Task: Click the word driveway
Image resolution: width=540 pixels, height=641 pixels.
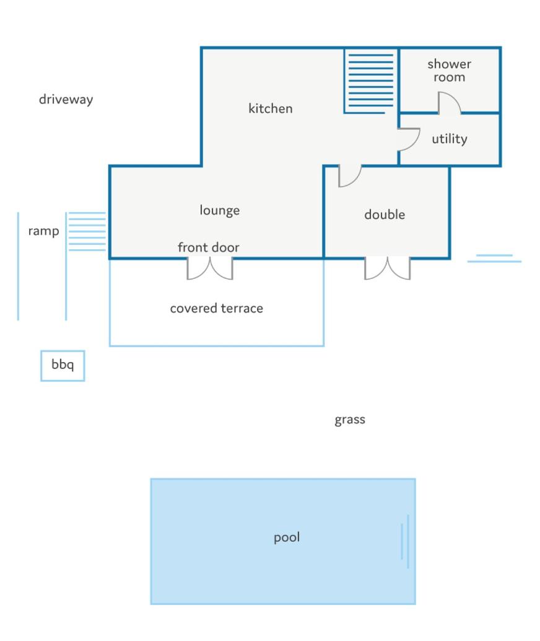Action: pos(66,99)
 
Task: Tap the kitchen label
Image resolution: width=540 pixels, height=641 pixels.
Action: pos(271,108)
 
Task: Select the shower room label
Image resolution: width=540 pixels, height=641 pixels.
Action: pos(450,70)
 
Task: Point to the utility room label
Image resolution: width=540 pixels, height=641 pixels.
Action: pos(450,139)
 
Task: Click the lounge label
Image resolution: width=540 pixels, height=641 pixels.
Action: pos(220,211)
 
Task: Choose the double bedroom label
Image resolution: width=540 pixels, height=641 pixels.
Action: pos(385,214)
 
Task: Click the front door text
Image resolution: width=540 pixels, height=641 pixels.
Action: pos(208,247)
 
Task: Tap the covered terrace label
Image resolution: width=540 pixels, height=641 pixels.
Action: pos(217,308)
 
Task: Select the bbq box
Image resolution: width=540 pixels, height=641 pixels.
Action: pos(63,366)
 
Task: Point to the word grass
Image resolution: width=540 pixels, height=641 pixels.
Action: pos(350,420)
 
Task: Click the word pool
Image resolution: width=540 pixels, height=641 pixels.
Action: pos(286,537)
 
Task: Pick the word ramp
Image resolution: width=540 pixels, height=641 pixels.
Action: pos(43,231)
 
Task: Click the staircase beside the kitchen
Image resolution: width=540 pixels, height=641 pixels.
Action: pos(370,81)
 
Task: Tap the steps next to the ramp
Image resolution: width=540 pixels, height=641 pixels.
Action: pos(87,231)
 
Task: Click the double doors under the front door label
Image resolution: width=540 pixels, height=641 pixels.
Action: pos(210,268)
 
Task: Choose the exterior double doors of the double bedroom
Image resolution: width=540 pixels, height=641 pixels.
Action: pos(387,268)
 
